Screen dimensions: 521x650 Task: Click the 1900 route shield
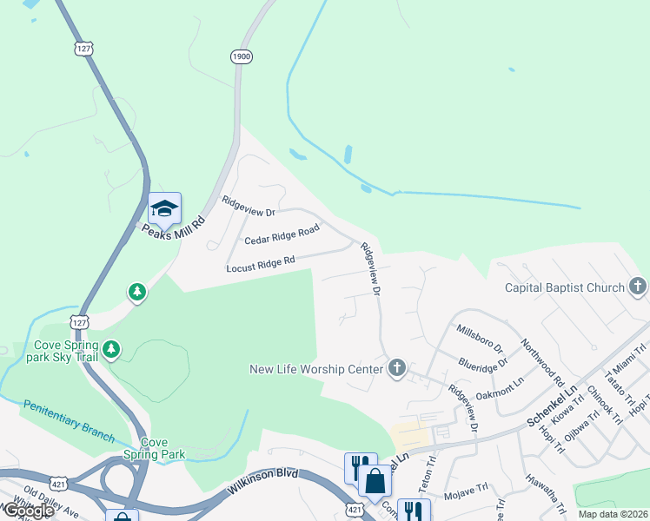(242, 56)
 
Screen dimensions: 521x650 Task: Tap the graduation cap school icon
(164, 208)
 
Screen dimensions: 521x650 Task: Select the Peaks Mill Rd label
(174, 228)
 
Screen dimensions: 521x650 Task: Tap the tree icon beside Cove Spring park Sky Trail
(110, 349)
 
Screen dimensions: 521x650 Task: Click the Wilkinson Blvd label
(263, 481)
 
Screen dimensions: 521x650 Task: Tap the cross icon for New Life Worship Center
(396, 369)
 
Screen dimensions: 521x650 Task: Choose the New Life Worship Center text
(316, 369)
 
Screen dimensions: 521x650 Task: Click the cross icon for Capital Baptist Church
(637, 287)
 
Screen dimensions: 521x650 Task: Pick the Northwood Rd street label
(542, 363)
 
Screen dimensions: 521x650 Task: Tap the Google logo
(28, 511)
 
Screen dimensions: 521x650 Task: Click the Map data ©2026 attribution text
(612, 514)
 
